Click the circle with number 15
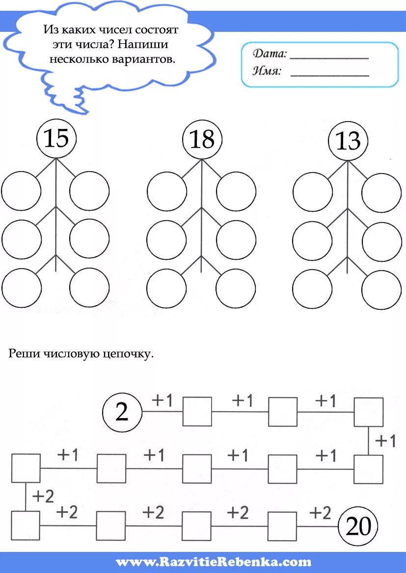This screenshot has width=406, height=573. pos(56,139)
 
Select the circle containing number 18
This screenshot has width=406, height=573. pos(202,139)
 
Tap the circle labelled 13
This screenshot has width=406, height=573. pos(348,141)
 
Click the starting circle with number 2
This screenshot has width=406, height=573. pos(122,412)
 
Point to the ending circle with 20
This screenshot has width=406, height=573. pos(358,527)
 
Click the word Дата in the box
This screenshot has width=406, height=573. pos(269,54)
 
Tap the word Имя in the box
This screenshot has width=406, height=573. pos(267,72)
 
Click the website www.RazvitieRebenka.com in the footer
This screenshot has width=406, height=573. pos(214,562)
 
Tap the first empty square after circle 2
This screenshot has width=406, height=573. pos(197,411)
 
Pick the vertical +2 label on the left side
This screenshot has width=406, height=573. pos(43,497)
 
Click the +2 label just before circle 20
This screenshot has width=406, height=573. pos(320,513)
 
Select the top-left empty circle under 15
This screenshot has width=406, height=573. pos(21,191)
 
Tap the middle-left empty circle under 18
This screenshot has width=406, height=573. pos(166,239)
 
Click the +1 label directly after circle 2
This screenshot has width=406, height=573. pos(162,400)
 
